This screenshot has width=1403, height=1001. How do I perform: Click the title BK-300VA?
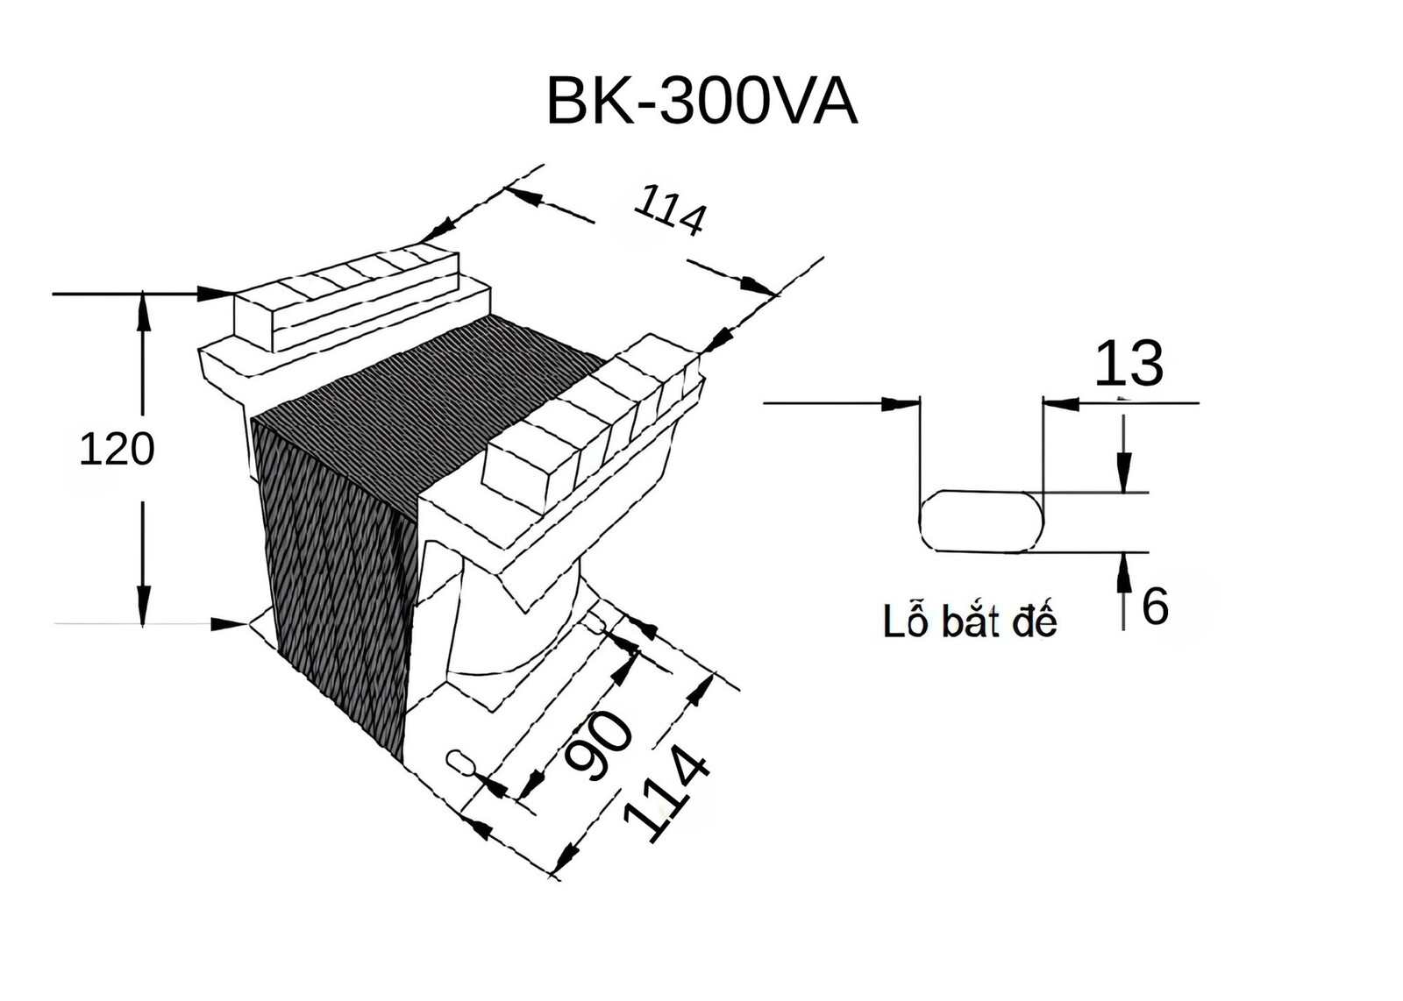701,102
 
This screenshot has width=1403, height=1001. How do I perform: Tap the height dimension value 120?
118,450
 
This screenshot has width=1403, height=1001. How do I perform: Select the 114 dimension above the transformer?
670,210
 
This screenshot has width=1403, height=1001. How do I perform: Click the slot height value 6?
1155,606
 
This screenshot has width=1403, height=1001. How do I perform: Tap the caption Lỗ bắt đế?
970,621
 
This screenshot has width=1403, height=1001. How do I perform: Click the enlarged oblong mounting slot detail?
981,522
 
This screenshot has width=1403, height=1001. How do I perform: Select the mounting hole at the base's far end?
594,621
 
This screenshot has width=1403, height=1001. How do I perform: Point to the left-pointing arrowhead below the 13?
1062,404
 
